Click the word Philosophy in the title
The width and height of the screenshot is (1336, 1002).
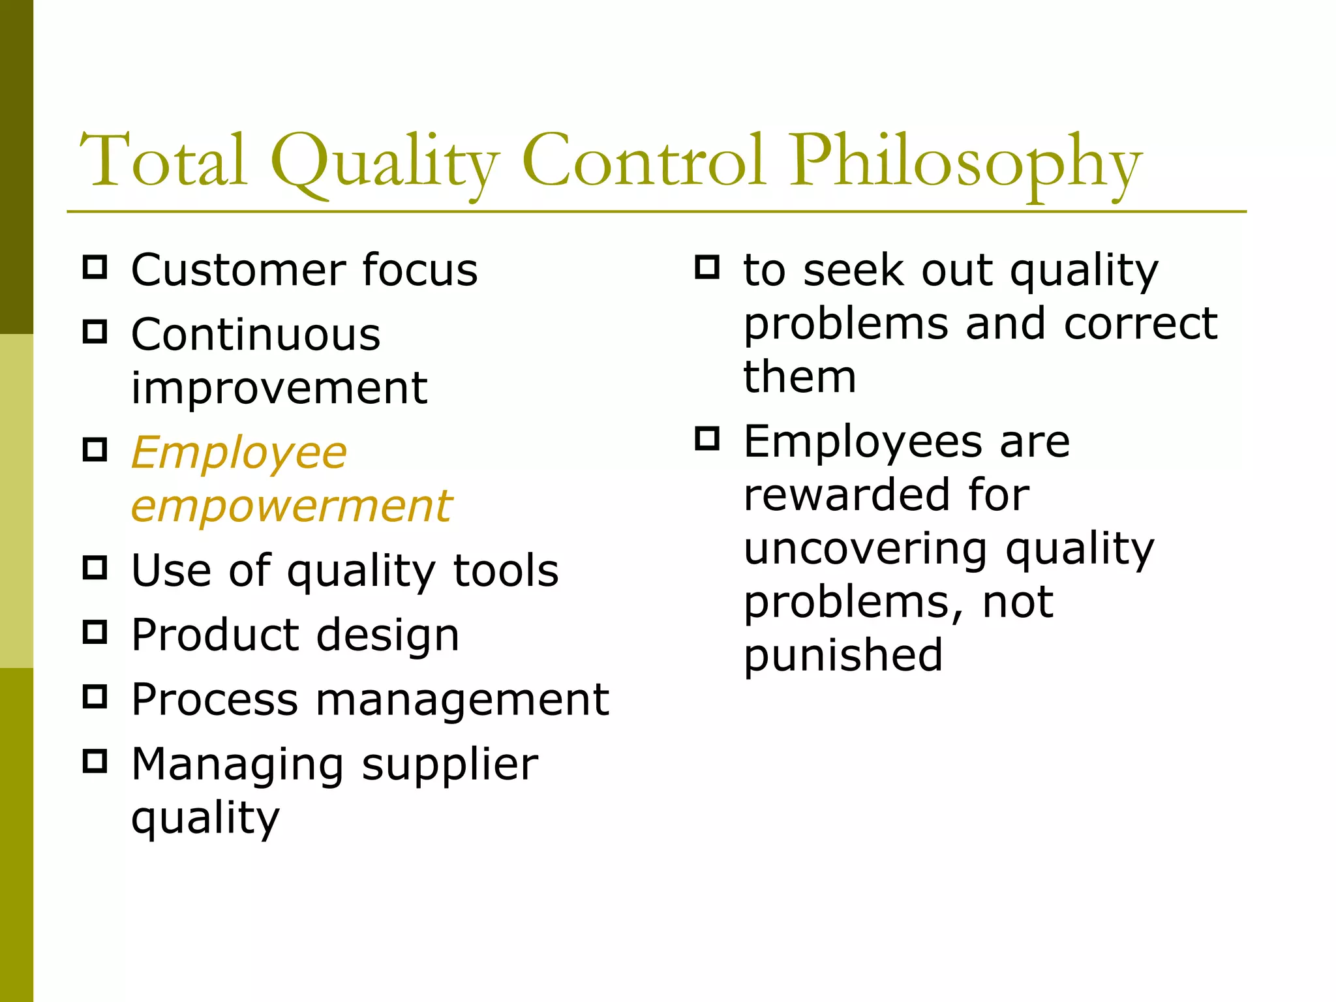click(965, 163)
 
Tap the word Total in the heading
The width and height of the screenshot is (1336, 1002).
click(163, 160)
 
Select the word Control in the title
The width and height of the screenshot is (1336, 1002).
click(643, 160)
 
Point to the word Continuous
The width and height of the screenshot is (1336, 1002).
click(256, 335)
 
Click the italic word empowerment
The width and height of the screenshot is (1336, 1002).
click(292, 506)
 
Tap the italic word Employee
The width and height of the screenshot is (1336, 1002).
click(239, 453)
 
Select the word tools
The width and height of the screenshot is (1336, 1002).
click(506, 570)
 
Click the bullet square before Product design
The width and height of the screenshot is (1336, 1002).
click(95, 632)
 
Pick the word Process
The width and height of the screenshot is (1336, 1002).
click(215, 699)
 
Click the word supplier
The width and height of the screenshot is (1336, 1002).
click(450, 765)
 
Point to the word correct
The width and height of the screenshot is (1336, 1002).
click(1140, 324)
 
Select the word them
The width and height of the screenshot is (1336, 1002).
click(800, 377)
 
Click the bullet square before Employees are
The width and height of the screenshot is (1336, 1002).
click(707, 438)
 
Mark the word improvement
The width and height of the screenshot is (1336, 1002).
click(279, 388)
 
